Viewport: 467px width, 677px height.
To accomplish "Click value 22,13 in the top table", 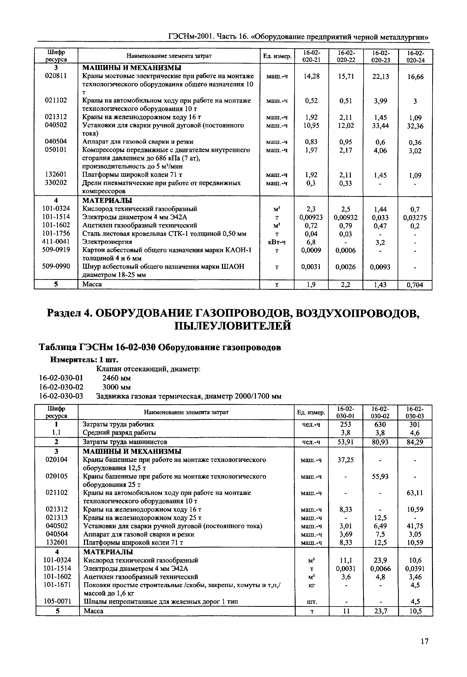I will pos(380,77).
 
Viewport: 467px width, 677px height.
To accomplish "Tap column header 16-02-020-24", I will pos(415,57).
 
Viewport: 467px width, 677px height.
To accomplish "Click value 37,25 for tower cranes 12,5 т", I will pos(346,460).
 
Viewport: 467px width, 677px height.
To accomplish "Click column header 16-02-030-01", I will pos(346,412).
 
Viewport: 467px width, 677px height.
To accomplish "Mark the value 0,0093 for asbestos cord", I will pos(380,267).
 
